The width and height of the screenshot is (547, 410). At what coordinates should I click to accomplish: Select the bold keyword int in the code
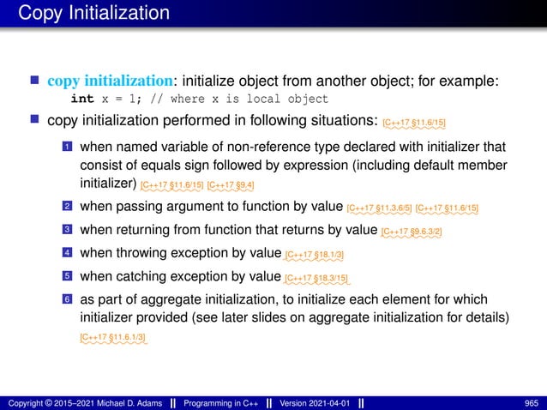(x=82, y=99)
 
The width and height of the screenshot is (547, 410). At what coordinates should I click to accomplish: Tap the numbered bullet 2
(x=67, y=207)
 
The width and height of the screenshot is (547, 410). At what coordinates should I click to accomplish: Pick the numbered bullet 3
(x=67, y=230)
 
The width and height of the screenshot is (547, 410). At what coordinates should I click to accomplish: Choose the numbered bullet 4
(x=67, y=253)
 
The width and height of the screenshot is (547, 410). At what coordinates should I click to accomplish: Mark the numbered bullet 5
(x=67, y=276)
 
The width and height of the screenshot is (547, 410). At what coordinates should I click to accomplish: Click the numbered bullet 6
(x=67, y=299)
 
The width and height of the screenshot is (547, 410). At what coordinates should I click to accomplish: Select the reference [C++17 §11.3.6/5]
(x=380, y=208)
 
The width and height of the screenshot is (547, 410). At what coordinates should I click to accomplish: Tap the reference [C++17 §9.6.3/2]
(x=412, y=232)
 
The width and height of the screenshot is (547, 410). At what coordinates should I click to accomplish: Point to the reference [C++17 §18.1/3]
(x=316, y=255)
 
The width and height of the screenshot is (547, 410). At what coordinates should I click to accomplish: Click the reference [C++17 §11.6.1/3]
(x=112, y=340)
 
